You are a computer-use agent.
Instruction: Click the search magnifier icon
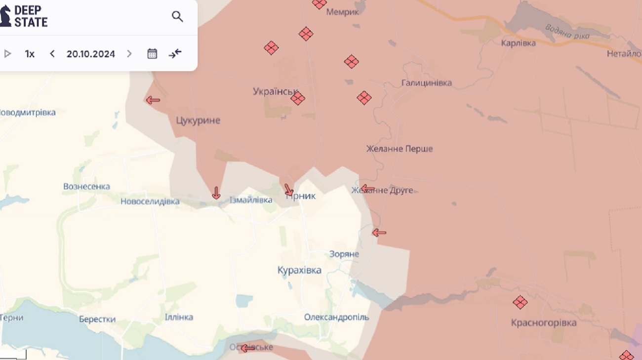(177, 17)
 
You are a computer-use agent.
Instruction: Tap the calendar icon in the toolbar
(152, 54)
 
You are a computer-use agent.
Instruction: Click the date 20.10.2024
(91, 54)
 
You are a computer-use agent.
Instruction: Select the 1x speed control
(30, 54)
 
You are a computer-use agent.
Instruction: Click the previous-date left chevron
(52, 54)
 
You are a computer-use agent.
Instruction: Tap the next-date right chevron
(129, 54)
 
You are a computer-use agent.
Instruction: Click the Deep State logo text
(30, 16)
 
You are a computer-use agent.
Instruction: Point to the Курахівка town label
(299, 270)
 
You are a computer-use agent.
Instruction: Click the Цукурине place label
(198, 120)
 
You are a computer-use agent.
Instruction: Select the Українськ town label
(275, 91)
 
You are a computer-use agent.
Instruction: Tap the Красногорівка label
(544, 323)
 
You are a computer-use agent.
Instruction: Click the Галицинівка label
(426, 83)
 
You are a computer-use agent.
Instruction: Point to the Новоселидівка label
(150, 201)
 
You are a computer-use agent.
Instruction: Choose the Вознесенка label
(86, 187)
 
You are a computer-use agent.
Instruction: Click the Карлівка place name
(518, 43)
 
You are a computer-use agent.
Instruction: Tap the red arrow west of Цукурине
(153, 100)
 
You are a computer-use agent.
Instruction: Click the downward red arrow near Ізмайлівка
(216, 193)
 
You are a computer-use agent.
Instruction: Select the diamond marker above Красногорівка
(520, 302)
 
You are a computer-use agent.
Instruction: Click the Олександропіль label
(336, 317)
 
